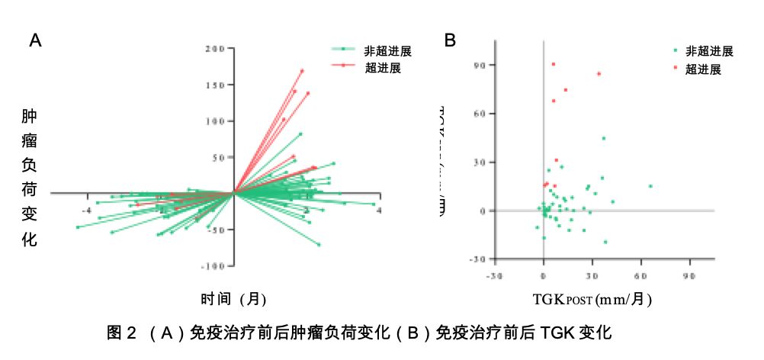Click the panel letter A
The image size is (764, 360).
point(35,41)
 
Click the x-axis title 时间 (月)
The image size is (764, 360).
point(233,299)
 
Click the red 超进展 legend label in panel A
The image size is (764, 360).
point(383,67)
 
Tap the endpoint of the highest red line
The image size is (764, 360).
point(302,71)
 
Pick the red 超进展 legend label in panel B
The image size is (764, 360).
point(703,69)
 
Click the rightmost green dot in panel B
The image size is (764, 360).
point(650,186)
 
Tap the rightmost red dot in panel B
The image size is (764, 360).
point(599,74)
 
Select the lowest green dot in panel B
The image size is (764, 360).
point(605,242)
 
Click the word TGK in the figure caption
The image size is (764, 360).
point(559,333)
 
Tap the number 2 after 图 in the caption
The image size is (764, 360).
point(130,333)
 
